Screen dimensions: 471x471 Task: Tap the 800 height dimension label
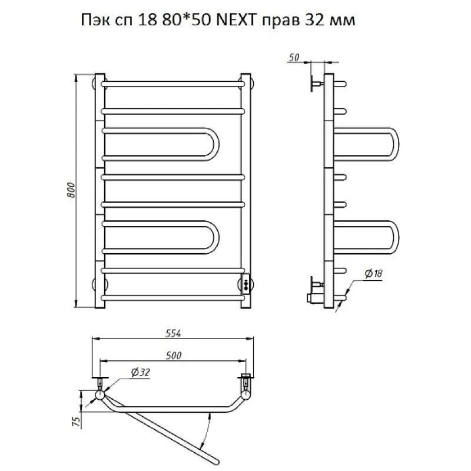(71, 190)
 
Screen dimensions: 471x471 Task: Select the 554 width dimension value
(173, 333)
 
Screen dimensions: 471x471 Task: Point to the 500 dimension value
(174, 356)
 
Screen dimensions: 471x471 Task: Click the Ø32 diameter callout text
(140, 373)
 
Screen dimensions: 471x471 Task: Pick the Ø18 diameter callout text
(373, 273)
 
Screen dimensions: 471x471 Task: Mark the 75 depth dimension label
(77, 422)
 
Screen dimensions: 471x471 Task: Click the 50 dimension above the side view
(294, 57)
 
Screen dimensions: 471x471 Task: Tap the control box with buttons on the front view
(246, 284)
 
